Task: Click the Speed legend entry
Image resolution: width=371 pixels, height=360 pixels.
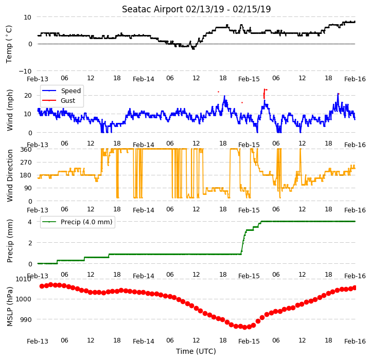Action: pos(62,91)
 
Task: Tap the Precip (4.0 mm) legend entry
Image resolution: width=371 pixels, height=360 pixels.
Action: pos(77,222)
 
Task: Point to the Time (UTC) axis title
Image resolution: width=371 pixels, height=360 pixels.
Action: pos(196,351)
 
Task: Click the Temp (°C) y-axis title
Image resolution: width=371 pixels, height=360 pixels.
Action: pos(9,44)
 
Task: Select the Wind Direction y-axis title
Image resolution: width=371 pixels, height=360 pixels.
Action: pos(10,175)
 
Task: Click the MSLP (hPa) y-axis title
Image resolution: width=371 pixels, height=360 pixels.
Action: pos(10,307)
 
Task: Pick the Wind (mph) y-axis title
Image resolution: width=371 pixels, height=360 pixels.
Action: pos(10,110)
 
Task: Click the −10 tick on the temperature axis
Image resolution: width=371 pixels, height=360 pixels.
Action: pos(25,71)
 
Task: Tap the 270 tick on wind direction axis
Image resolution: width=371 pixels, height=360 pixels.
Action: pos(26,163)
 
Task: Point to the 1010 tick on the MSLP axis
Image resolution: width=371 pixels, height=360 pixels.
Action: pos(24,279)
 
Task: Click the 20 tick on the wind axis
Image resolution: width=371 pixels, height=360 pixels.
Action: pos(28,96)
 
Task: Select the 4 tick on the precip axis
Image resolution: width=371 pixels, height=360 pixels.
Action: pos(30,222)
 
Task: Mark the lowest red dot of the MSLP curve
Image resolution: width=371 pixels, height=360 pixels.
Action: pos(244,328)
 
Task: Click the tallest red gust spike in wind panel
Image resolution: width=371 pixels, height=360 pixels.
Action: pos(264,94)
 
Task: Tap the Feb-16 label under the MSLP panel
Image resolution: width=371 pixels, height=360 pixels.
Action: pos(355,341)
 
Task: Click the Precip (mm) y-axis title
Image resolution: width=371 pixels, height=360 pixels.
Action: pos(10,241)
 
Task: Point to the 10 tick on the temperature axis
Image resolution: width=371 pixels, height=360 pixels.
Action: pos(28,17)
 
